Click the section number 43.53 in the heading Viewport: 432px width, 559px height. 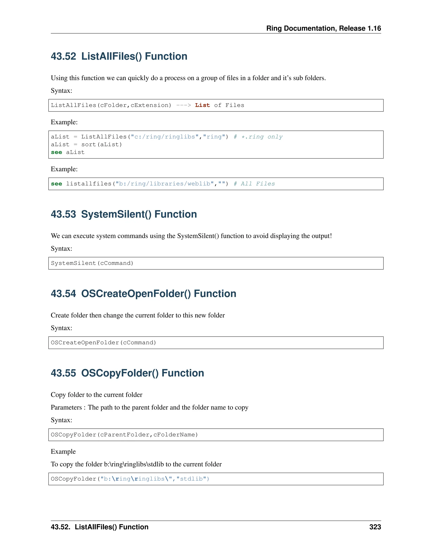[x=63, y=214]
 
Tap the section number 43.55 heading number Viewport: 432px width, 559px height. [x=63, y=373]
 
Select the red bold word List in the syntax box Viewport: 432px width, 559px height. [x=202, y=105]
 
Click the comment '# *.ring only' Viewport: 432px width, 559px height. [x=258, y=137]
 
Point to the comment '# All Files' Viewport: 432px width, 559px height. [x=254, y=184]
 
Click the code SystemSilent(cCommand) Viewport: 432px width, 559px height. [x=92, y=263]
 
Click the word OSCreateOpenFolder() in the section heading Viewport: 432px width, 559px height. [x=136, y=294]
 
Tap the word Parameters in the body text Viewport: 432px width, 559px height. [x=66, y=408]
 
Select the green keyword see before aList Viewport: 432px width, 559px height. [x=56, y=153]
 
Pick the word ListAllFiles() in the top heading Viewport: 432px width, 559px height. [x=111, y=56]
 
